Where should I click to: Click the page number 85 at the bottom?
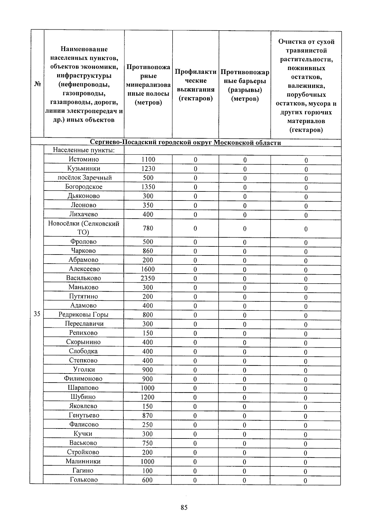point(184,508)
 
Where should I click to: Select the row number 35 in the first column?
point(37,314)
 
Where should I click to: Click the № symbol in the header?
point(37,84)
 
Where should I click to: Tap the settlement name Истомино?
point(84,159)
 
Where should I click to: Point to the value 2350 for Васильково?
point(147,278)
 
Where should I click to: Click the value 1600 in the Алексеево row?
point(147,269)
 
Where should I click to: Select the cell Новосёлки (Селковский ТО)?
point(83,228)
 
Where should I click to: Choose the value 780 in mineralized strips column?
point(148,228)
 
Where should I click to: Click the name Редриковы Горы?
point(83,315)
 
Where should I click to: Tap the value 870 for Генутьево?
point(147,415)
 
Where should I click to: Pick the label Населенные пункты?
point(84,150)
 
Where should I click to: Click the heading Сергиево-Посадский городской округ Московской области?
point(185,143)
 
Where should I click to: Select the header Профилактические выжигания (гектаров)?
point(196,85)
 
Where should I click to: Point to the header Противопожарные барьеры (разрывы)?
point(245,85)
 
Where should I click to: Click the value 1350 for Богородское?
point(148,187)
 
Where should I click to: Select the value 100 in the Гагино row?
point(147,471)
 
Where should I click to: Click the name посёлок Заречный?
point(84,178)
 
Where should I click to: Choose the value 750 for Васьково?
point(147,443)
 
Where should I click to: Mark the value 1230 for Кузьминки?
point(148,169)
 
